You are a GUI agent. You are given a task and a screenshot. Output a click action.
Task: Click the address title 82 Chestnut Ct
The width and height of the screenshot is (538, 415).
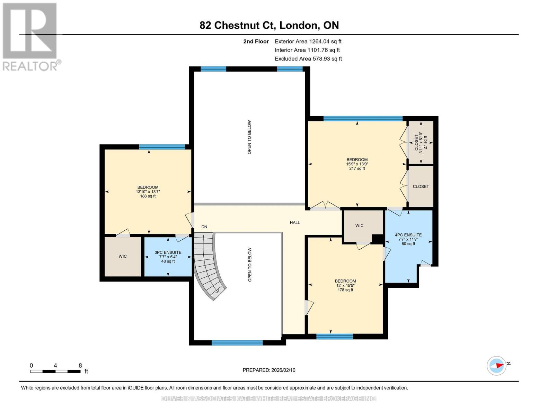click(269, 25)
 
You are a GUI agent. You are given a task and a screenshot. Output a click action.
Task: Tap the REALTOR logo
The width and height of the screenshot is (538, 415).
click(30, 37)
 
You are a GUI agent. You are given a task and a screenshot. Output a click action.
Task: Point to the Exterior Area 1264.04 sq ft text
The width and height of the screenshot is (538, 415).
click(308, 41)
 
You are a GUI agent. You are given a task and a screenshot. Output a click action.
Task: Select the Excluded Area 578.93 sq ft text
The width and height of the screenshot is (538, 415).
click(308, 59)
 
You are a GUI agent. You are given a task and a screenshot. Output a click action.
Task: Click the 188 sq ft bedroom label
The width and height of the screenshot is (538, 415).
click(148, 192)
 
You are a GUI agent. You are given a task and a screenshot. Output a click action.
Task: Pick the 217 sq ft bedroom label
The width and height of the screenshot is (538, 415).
click(357, 164)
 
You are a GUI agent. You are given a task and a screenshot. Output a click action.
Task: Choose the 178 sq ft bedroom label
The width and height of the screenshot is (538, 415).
click(345, 285)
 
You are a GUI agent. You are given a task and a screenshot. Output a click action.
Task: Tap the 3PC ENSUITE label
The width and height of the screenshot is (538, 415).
click(168, 257)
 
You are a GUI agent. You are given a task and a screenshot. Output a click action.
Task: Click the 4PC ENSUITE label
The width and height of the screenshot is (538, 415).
click(408, 239)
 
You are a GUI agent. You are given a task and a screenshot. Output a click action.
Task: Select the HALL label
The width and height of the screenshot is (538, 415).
click(295, 222)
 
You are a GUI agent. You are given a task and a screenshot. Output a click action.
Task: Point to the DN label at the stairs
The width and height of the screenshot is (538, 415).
click(204, 227)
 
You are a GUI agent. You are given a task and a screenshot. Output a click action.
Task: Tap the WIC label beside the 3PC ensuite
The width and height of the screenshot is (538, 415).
click(123, 256)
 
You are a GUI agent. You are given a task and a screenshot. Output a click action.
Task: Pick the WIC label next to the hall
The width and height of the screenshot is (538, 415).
click(359, 225)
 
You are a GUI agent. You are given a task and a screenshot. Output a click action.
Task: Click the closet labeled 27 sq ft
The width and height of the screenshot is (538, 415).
click(421, 142)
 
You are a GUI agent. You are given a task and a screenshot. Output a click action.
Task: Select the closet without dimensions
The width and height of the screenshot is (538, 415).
click(421, 186)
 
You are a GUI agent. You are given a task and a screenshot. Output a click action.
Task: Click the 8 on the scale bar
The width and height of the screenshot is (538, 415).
click(80, 366)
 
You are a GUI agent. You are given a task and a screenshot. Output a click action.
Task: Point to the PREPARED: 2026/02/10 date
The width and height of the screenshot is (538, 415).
click(269, 370)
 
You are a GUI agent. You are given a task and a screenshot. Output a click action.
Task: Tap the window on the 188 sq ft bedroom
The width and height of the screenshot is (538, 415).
click(162, 147)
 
